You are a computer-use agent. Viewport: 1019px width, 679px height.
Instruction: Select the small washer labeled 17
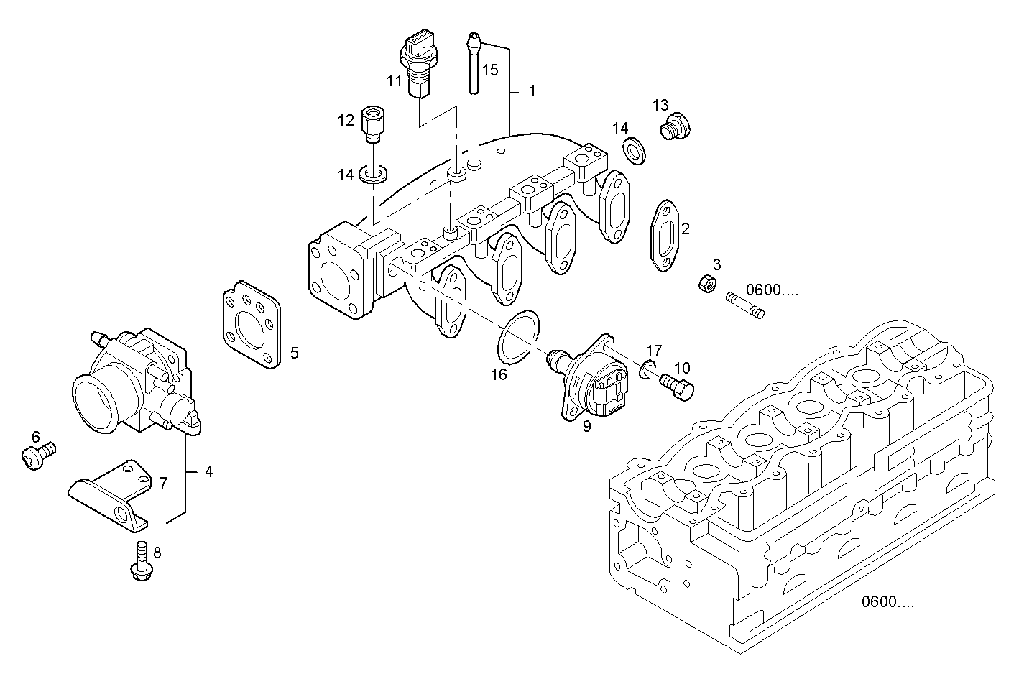pos(647,371)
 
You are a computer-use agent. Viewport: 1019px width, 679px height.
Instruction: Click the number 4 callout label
pos(208,472)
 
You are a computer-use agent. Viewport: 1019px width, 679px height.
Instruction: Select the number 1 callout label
pos(532,91)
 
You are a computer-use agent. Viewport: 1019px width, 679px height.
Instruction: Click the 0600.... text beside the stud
pos(772,290)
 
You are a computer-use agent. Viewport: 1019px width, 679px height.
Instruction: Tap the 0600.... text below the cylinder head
pos(888,602)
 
